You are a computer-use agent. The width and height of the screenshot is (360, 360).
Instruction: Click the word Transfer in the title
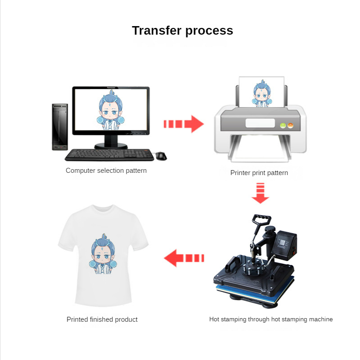coord(157,31)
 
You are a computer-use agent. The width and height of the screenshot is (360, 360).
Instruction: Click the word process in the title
coord(209,31)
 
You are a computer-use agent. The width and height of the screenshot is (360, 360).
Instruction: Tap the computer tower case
coord(60,127)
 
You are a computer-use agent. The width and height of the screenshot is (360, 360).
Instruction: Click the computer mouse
coord(161,156)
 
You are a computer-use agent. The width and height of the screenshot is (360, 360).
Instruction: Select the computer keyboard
coord(109,155)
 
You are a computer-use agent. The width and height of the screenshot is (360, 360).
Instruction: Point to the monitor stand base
coord(111,146)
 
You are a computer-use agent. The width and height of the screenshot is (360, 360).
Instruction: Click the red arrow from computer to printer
coord(184,124)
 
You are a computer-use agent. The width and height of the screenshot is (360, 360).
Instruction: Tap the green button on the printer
coord(283,126)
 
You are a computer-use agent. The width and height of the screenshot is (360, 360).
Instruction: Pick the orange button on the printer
coord(290,126)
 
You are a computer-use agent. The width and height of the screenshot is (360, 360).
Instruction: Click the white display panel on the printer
coord(260,123)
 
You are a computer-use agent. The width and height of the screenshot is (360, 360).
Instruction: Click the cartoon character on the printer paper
coord(262,94)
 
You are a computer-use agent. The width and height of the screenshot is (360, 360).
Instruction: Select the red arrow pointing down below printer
coord(261,193)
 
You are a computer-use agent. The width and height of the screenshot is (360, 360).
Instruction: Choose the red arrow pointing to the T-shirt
coord(184,258)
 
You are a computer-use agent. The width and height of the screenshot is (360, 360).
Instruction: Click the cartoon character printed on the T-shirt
coord(103,254)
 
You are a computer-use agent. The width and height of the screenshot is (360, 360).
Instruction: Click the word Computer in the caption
coord(81,171)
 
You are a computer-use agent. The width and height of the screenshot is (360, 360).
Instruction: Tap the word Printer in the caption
coord(240,173)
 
